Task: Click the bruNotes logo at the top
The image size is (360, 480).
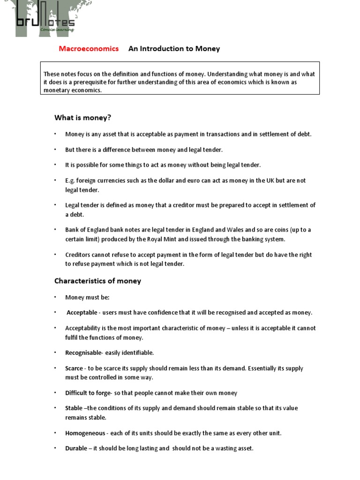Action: click(45, 19)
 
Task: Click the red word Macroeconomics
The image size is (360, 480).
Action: click(89, 49)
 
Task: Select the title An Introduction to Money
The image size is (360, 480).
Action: click(174, 49)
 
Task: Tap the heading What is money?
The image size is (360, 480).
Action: click(82, 117)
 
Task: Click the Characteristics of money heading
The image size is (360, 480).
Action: click(97, 281)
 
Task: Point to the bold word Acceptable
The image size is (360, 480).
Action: click(82, 313)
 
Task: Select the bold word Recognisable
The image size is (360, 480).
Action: click(83, 352)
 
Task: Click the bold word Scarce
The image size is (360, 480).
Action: click(74, 368)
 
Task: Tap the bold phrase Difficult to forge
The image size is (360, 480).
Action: click(88, 393)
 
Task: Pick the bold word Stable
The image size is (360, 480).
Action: click(74, 408)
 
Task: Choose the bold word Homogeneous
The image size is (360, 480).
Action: click(85, 433)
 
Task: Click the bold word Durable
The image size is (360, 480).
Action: click(76, 448)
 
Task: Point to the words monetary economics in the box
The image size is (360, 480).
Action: click(72, 90)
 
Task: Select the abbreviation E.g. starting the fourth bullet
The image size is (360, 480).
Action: click(70, 181)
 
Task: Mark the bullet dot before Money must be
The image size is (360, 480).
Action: click(55, 297)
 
